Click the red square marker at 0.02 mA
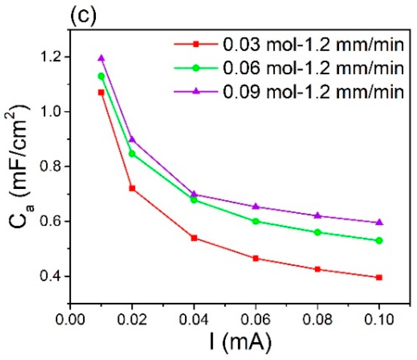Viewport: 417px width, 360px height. pos(132,188)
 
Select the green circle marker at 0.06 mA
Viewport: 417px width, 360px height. pos(256,221)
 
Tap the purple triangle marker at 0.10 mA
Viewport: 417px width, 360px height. pos(379,222)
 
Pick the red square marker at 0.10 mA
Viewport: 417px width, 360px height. pos(379,277)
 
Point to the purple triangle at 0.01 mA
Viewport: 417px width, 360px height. pos(101,58)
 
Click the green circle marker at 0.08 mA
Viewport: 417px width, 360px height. pos(318,232)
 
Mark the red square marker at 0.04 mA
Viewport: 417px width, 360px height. pos(194,238)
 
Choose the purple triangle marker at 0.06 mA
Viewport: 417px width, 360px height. pos(256,207)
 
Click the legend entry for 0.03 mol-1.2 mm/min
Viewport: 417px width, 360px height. pos(313,45)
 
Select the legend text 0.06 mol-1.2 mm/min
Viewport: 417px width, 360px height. pos(313,68)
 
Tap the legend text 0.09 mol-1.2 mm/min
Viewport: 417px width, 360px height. pos(313,91)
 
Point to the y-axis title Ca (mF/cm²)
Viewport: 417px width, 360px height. pos(21,165)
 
